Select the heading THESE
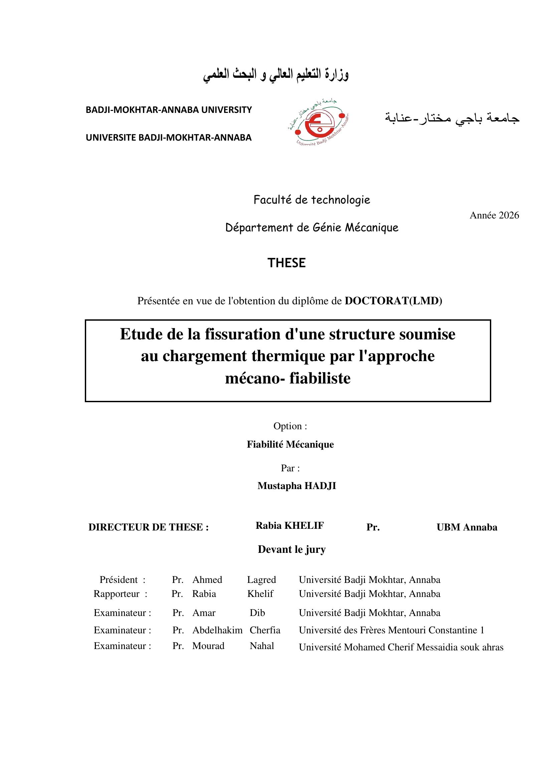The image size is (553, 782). click(287, 263)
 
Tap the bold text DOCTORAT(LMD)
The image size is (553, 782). click(393, 301)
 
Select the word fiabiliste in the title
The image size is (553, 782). click(320, 378)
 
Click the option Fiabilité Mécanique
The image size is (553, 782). click(290, 444)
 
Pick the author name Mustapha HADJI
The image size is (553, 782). click(297, 486)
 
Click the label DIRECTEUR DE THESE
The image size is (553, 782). click(149, 527)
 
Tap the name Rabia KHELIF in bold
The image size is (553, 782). click(290, 525)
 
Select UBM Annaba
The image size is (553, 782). click(467, 527)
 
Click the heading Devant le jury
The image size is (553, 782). click(292, 549)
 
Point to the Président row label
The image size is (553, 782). click(119, 580)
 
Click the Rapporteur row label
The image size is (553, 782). click(117, 594)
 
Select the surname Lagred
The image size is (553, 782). click(261, 580)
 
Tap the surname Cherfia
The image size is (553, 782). click(265, 630)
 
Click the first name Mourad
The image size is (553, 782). click(208, 646)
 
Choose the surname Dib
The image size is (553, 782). click(257, 613)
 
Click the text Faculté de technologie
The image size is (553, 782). click(312, 200)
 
